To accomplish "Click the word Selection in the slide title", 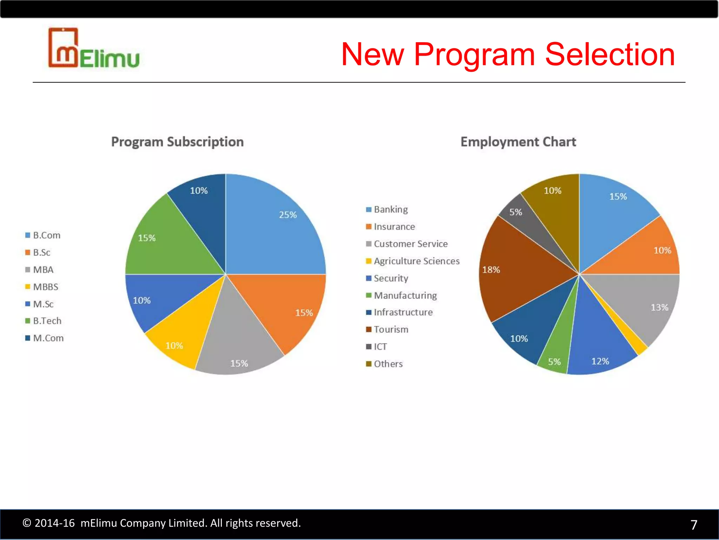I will pos(610,54).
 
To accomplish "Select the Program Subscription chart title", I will pos(177,142).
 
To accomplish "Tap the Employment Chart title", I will pos(518,142).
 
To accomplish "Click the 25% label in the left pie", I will pos(288,215).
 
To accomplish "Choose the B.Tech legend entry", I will pos(47,321).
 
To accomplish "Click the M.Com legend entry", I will pos(48,338).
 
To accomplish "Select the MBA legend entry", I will pos(43,270).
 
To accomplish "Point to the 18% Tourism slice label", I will pos(491,270).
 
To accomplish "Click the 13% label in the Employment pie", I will pos(659,308).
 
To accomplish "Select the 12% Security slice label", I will pos(600,361).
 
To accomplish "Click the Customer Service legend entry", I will pos(410,244).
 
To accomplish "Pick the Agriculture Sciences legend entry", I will pos(416,261).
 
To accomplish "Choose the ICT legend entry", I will pos(380,347).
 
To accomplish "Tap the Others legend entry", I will pos(388,364).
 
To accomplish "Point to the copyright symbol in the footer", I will pos(27,523).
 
